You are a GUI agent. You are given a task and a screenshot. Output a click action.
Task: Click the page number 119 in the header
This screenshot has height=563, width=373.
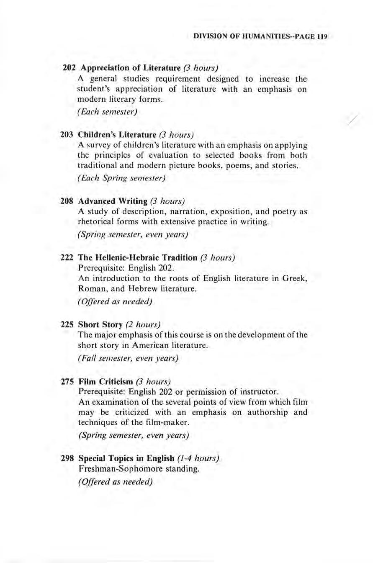coord(321,36)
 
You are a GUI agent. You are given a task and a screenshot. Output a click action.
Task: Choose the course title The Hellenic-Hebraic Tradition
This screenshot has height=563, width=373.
coord(138,257)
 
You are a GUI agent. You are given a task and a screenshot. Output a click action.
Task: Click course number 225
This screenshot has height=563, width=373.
coord(68,324)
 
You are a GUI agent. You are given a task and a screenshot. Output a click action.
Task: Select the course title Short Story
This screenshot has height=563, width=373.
coord(100,324)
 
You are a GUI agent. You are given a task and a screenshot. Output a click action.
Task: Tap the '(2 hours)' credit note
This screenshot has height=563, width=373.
coord(143,324)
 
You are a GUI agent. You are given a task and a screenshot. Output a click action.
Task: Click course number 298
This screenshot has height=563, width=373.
coord(68,458)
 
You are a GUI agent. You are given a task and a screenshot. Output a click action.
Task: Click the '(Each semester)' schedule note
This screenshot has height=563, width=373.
coord(108,112)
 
